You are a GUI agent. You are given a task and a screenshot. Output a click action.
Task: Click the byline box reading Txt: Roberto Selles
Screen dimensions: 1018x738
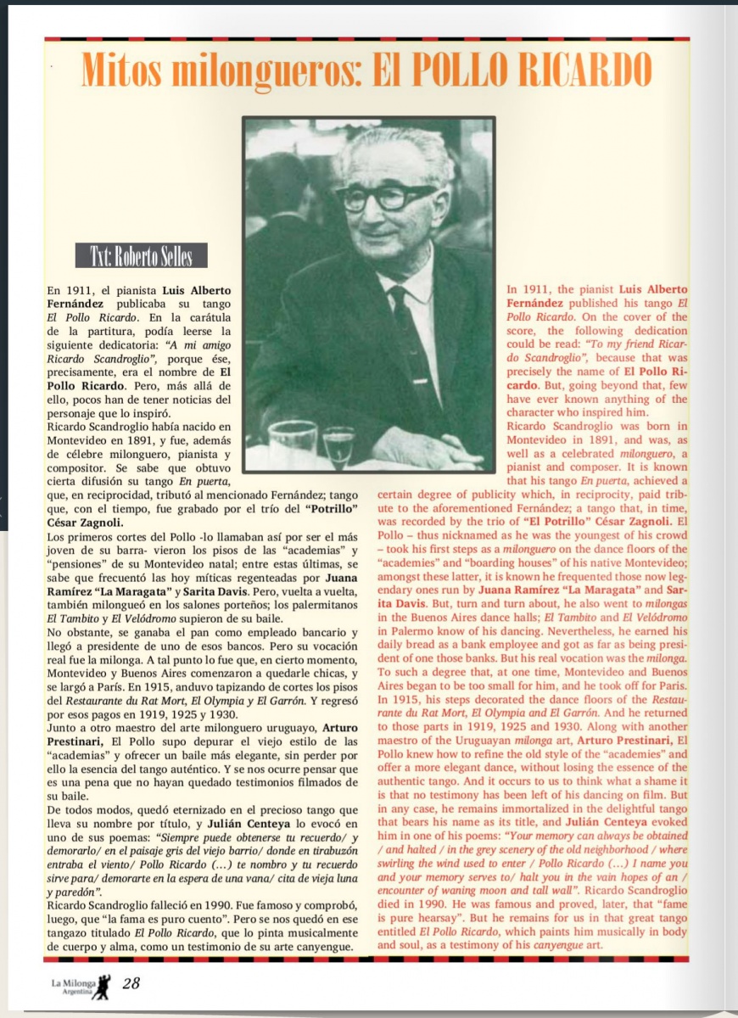click(141, 256)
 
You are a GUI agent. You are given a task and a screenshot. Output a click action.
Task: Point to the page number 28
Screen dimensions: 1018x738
click(131, 983)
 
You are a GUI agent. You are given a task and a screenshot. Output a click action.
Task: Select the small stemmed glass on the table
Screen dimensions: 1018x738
click(338, 445)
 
